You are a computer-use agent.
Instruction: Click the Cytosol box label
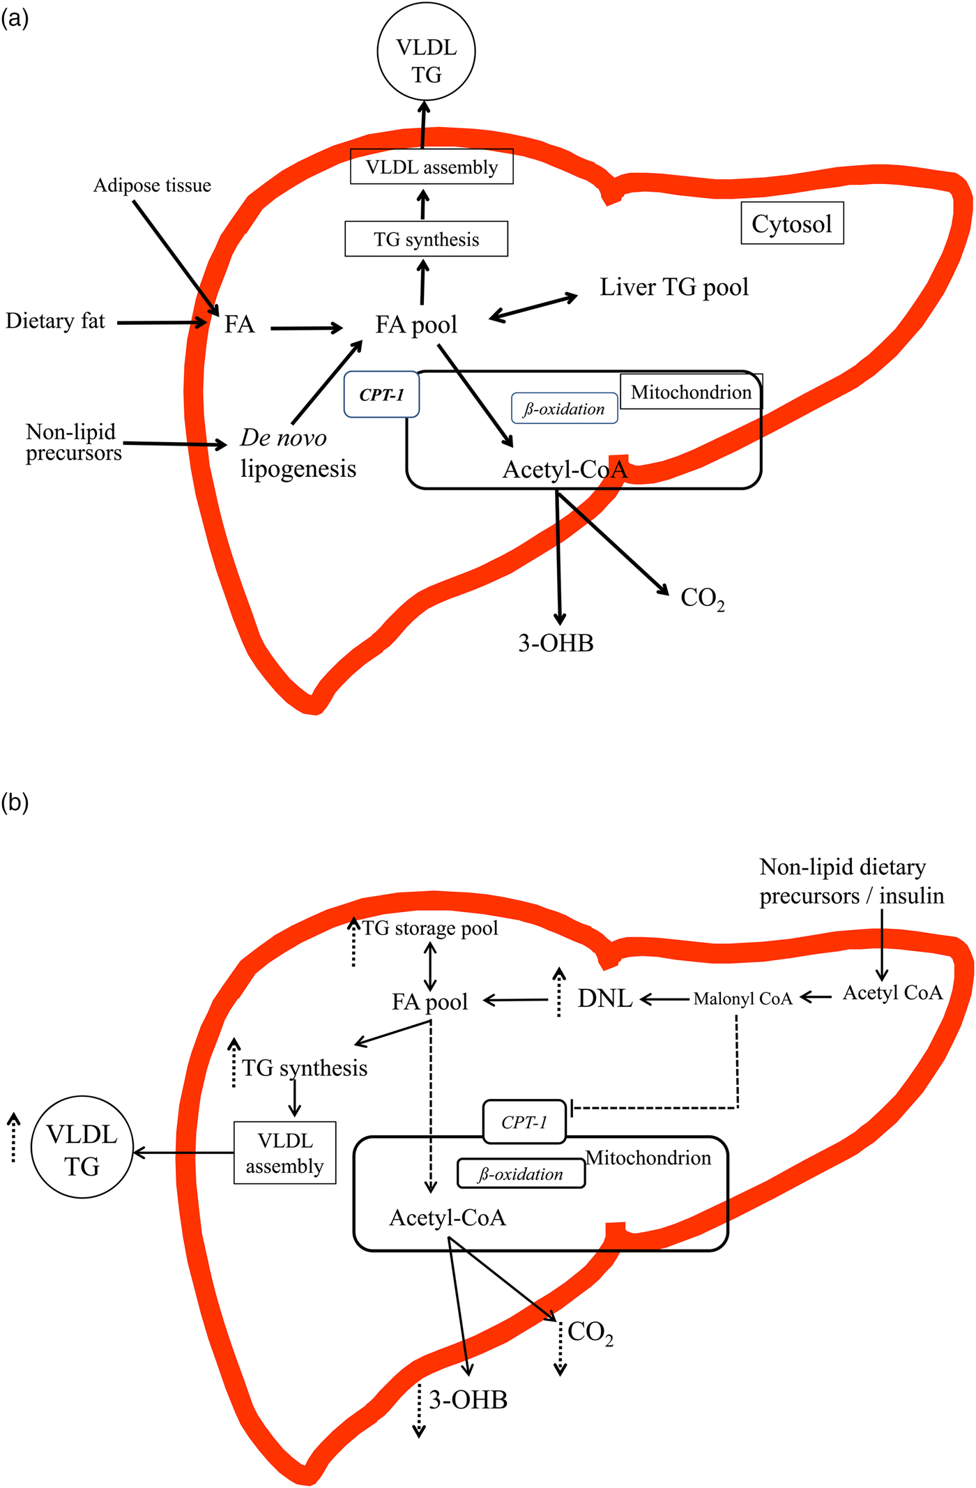point(792,223)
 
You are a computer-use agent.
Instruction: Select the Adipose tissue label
point(152,185)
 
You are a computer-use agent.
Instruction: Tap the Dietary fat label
point(55,321)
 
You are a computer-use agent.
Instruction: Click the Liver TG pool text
point(674,287)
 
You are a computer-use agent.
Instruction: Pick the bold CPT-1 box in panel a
point(381,395)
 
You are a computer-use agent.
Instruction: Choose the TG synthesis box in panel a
point(426,239)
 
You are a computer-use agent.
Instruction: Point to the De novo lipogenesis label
point(298,453)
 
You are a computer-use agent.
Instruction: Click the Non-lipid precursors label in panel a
point(73,443)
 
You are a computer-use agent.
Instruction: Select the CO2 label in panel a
point(702,598)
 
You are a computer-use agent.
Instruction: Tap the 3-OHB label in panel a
point(556,643)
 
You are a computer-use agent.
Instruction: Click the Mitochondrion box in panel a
point(691,392)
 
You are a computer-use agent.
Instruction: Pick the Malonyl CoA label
point(742,999)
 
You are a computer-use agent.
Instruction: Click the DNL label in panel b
point(605,999)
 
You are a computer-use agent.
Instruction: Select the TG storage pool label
point(430,928)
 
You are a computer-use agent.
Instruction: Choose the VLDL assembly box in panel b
point(284,1153)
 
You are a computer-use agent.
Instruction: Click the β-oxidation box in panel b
point(521,1174)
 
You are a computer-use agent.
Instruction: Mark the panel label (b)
point(15,803)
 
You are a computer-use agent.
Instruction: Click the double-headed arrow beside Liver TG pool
point(534,307)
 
